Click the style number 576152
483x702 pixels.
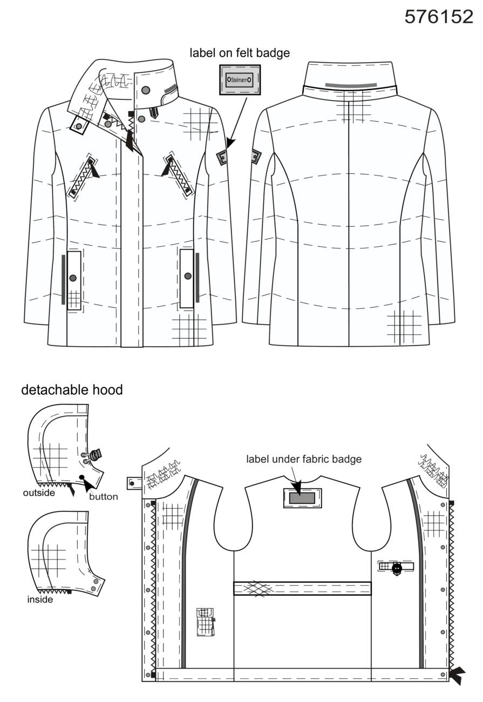438,17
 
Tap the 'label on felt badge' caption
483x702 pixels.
240,53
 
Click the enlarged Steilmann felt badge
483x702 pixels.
240,80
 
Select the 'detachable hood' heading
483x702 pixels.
72,390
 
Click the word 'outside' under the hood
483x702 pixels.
39,492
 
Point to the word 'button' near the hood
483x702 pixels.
104,497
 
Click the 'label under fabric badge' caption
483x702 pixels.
304,460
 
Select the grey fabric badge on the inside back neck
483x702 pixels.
302,498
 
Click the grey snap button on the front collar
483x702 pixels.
146,90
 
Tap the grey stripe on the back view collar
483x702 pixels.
351,85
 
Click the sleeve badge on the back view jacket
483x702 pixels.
256,157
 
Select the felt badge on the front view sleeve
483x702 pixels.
222,157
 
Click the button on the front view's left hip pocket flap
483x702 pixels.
73,278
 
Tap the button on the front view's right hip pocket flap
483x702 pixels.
188,276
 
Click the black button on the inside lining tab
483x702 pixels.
397,566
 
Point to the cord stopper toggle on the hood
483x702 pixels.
94,455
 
